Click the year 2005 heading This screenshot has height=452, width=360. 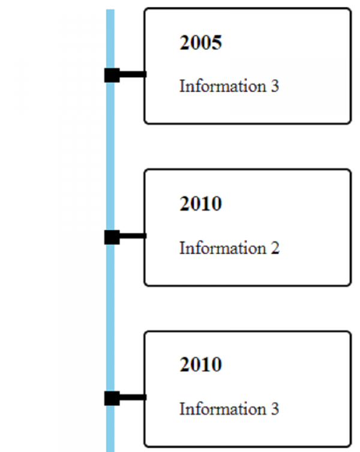(200, 43)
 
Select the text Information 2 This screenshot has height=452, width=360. (229, 248)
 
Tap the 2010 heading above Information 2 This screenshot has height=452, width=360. (200, 203)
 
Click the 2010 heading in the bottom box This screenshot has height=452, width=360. (200, 364)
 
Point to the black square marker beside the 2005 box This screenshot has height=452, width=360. (112, 75)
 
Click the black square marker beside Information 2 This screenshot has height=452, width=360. (112, 237)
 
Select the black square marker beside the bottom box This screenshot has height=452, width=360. (112, 399)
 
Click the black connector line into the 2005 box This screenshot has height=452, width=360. (133, 74)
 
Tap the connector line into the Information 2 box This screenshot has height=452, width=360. (133, 236)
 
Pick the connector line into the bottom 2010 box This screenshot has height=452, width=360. (133, 397)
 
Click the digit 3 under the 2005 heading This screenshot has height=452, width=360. (275, 86)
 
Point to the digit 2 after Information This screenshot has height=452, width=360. (275, 248)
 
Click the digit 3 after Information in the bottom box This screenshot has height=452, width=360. (275, 409)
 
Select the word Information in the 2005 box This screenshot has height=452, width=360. (223, 86)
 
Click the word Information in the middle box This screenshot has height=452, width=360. (223, 248)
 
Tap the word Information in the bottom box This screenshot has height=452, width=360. (223, 409)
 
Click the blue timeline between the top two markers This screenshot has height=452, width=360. (110, 156)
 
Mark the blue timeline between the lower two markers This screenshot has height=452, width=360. (110, 318)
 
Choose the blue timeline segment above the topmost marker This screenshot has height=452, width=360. (110, 39)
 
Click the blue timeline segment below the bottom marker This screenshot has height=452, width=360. (110, 429)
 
